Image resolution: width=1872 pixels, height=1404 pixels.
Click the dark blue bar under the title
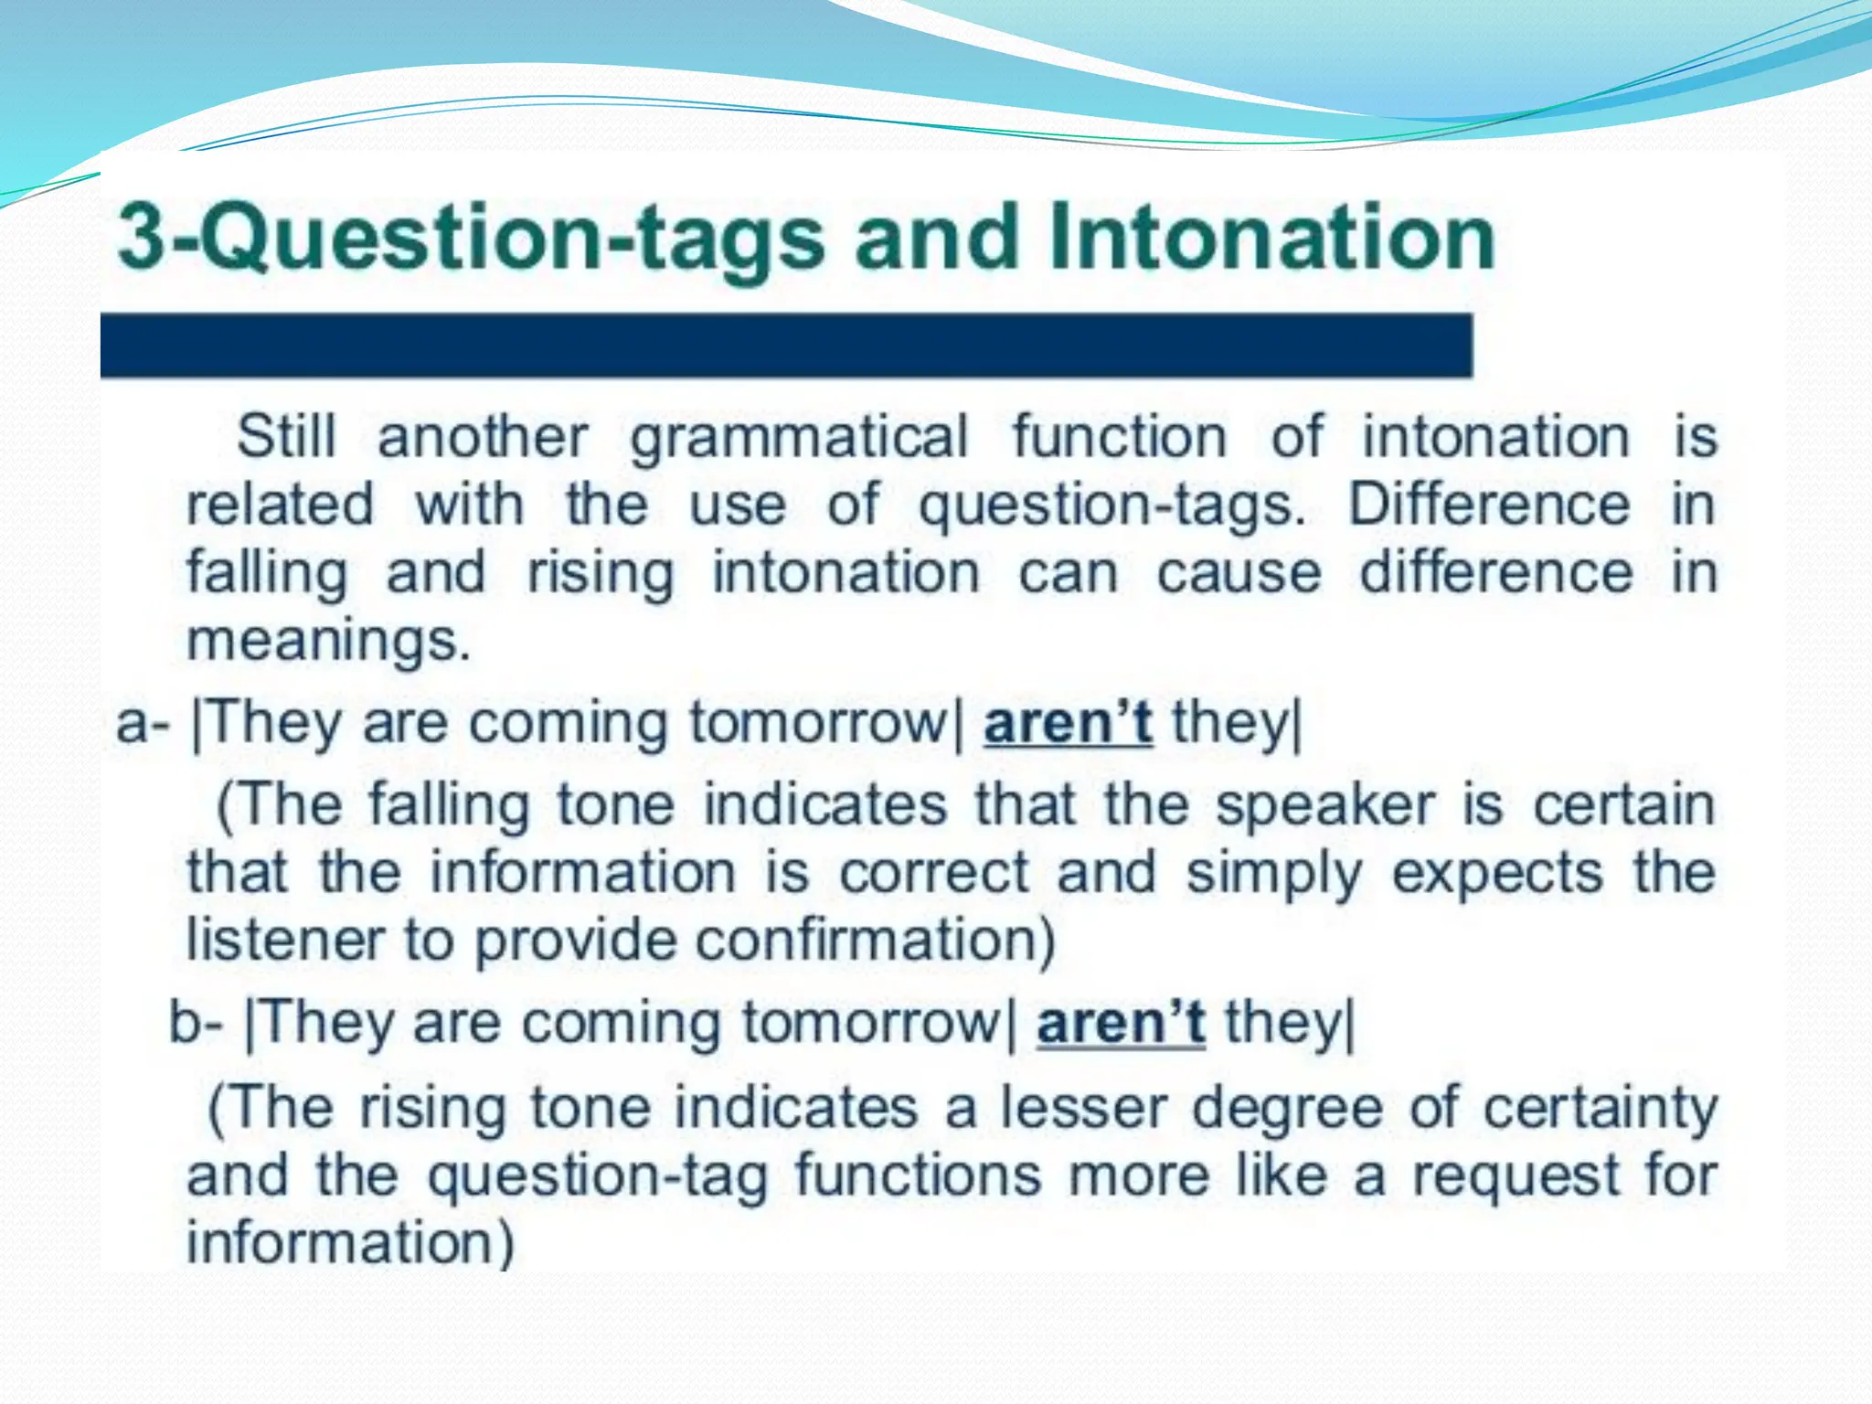pos(786,346)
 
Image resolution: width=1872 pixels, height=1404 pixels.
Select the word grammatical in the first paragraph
pos(799,438)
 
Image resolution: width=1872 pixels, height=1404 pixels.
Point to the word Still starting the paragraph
pos(286,436)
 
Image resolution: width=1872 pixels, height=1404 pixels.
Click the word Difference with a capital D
pos(1489,505)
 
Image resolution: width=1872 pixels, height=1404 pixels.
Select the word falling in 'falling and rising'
pos(267,574)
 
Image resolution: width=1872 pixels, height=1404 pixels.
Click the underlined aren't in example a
pos(1067,723)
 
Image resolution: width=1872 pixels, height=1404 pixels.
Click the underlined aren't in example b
pos(1120,1023)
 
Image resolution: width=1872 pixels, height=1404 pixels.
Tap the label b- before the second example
pos(196,1024)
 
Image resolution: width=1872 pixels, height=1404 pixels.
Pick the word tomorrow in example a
pos(818,723)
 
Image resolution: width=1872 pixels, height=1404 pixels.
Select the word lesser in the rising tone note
pos(1082,1108)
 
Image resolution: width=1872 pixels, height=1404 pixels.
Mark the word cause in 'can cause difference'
pos(1239,574)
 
